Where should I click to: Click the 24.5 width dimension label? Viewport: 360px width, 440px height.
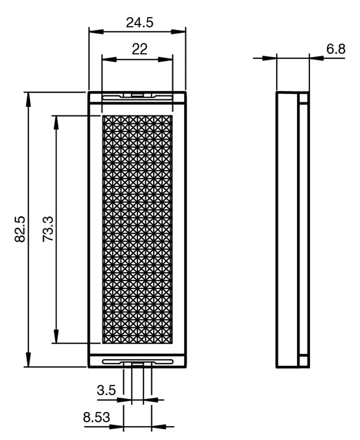click(139, 23)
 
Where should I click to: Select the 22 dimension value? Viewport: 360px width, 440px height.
click(139, 49)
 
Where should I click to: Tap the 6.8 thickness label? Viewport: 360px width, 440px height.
click(336, 49)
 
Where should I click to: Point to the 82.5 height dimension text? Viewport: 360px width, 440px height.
click(20, 229)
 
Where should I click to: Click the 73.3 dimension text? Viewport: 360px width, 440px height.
click(48, 229)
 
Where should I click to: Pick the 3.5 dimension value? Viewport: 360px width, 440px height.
click(106, 390)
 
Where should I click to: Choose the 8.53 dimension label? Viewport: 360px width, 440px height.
click(96, 417)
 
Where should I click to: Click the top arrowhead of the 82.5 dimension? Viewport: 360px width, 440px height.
click(28, 99)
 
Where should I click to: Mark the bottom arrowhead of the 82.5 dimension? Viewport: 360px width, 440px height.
click(28, 359)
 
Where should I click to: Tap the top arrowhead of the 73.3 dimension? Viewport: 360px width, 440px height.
click(56, 122)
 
